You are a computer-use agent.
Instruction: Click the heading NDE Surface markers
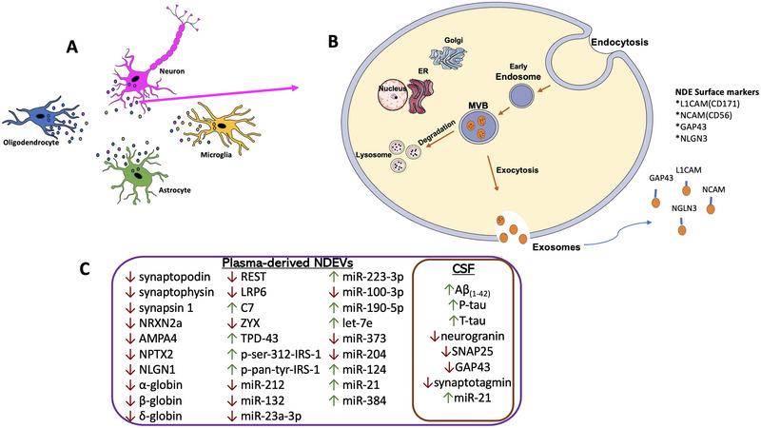tap(709, 89)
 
